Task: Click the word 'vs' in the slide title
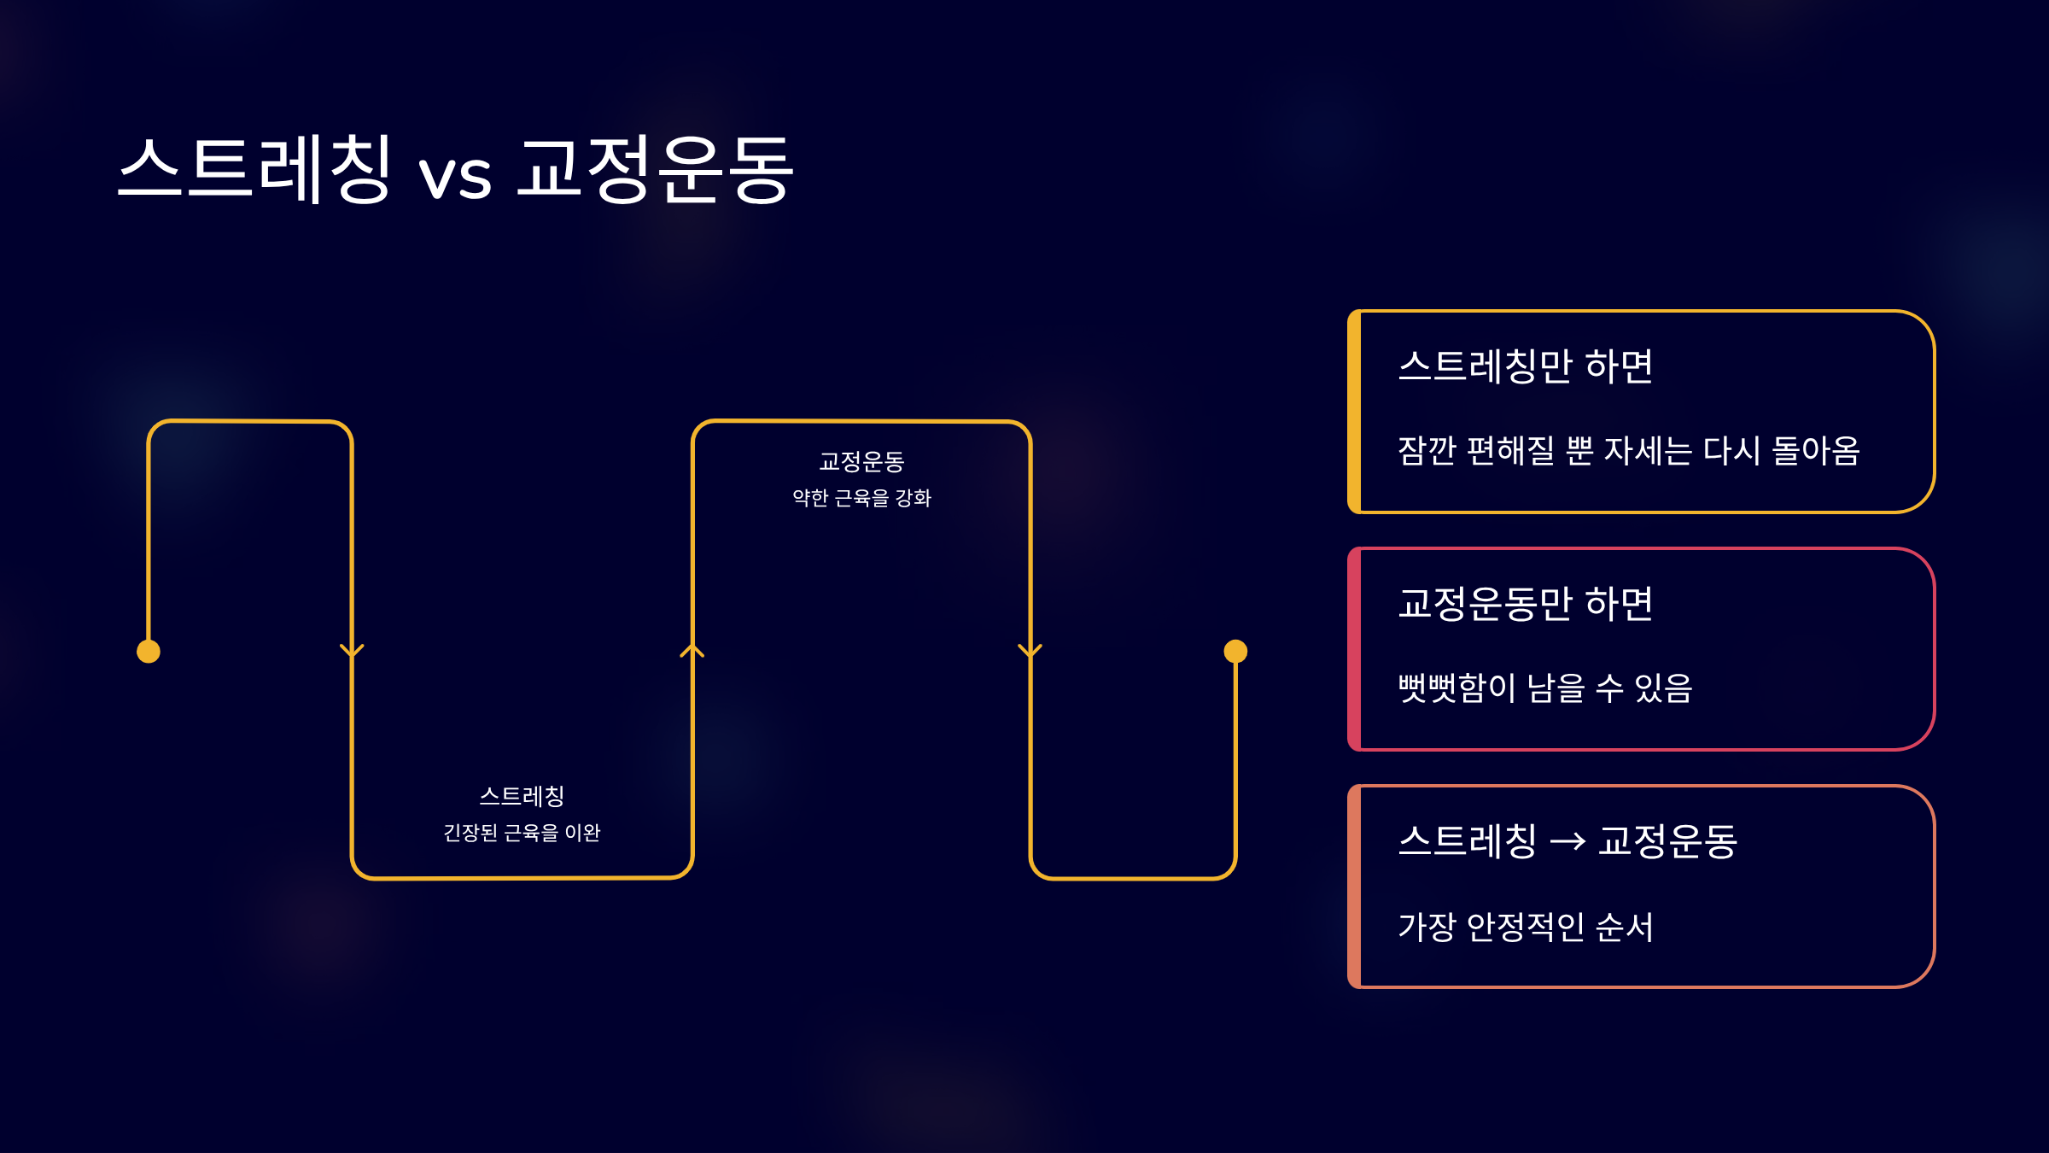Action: click(455, 177)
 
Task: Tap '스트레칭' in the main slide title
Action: click(254, 168)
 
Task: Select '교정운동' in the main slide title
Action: click(656, 168)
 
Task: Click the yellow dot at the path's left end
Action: click(149, 652)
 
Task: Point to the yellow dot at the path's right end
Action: click(1235, 652)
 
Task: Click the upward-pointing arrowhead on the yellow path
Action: click(692, 651)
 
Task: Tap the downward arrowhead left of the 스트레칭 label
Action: click(352, 651)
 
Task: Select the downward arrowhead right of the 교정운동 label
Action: click(1030, 651)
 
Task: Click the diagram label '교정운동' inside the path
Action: click(861, 462)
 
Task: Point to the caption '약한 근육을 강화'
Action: click(861, 498)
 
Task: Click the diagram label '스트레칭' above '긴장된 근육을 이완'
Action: click(522, 797)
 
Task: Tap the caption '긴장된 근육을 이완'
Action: click(522, 833)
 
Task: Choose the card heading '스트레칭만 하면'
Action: click(1526, 366)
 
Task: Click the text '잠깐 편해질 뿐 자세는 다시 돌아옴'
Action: click(1629, 451)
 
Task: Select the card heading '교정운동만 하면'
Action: click(1526, 604)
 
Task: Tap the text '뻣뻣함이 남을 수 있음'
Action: click(1545, 688)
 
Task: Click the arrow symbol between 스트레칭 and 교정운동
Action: click(1567, 842)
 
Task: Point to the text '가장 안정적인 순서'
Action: click(1526, 928)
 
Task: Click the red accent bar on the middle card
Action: click(1354, 649)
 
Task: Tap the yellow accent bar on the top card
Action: click(1354, 412)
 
